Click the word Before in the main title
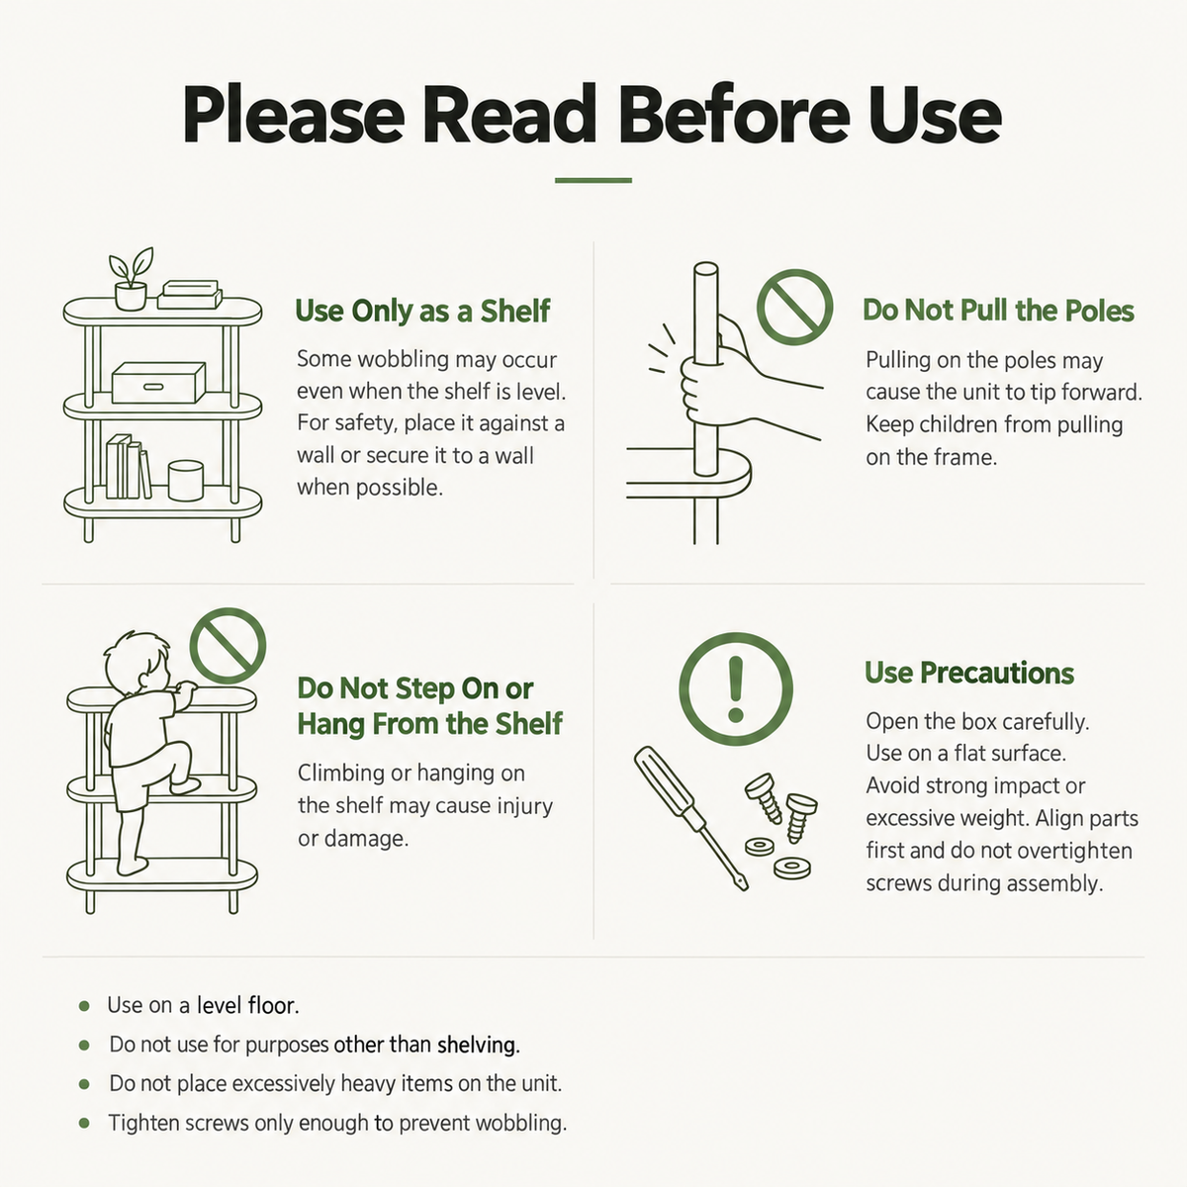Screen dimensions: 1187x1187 tap(735, 115)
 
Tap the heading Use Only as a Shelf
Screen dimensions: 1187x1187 tap(422, 311)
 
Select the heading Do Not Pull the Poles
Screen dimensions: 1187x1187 tap(998, 311)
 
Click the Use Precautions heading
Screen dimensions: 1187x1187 tap(969, 673)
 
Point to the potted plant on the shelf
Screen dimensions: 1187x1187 tap(131, 279)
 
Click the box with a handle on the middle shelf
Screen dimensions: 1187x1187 tap(158, 383)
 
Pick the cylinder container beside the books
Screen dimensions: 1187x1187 tap(185, 481)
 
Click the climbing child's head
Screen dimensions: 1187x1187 tap(137, 661)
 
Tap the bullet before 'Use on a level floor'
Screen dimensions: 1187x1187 tap(84, 1007)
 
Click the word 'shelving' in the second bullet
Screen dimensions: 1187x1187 tap(478, 1046)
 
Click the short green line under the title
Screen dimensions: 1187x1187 tap(593, 180)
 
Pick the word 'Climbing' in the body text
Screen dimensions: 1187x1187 tap(341, 775)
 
